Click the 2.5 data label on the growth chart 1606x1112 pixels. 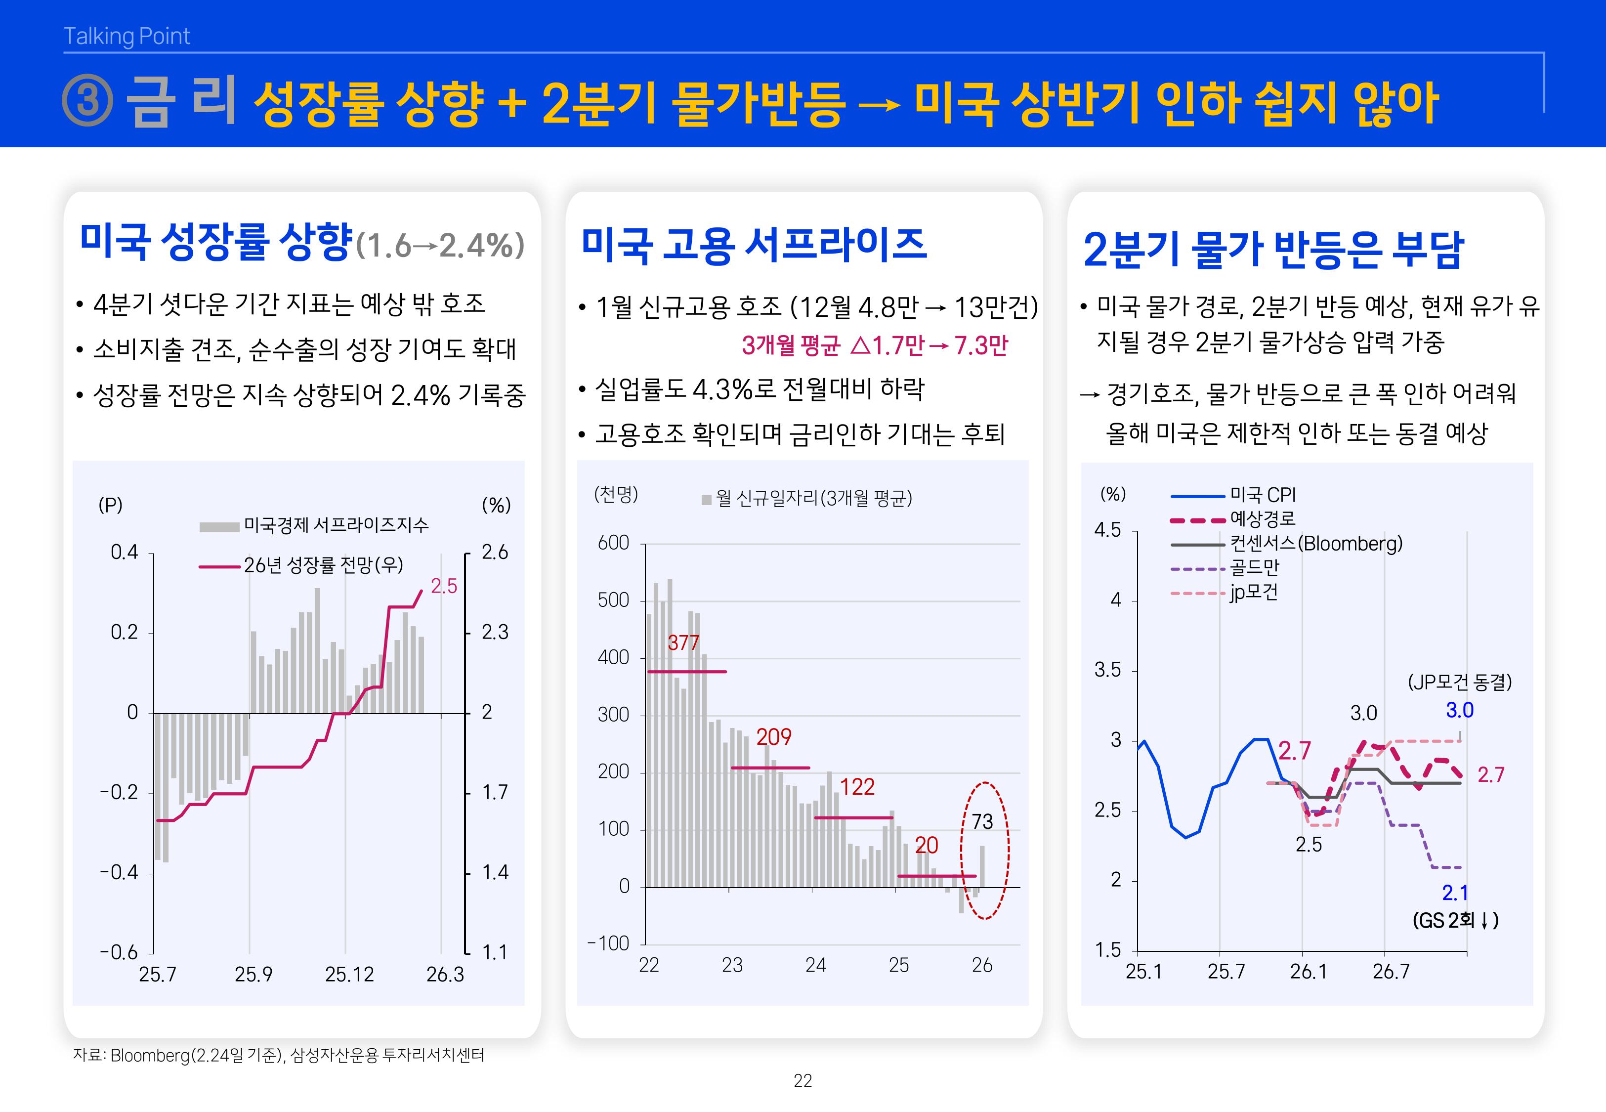[x=444, y=587]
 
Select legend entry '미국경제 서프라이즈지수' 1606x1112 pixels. [x=336, y=525]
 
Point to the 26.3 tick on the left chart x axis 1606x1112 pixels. [x=444, y=975]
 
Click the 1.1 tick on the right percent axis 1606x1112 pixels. [x=495, y=952]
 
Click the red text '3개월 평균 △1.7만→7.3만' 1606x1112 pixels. [x=875, y=345]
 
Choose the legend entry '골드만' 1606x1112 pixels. [x=1254, y=568]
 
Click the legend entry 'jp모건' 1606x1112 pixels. [x=1254, y=592]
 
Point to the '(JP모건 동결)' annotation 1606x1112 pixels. [x=1460, y=682]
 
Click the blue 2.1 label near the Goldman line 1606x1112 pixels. [x=1455, y=893]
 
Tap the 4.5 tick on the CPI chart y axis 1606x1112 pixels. [x=1107, y=530]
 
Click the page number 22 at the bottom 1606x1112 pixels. [x=803, y=1081]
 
